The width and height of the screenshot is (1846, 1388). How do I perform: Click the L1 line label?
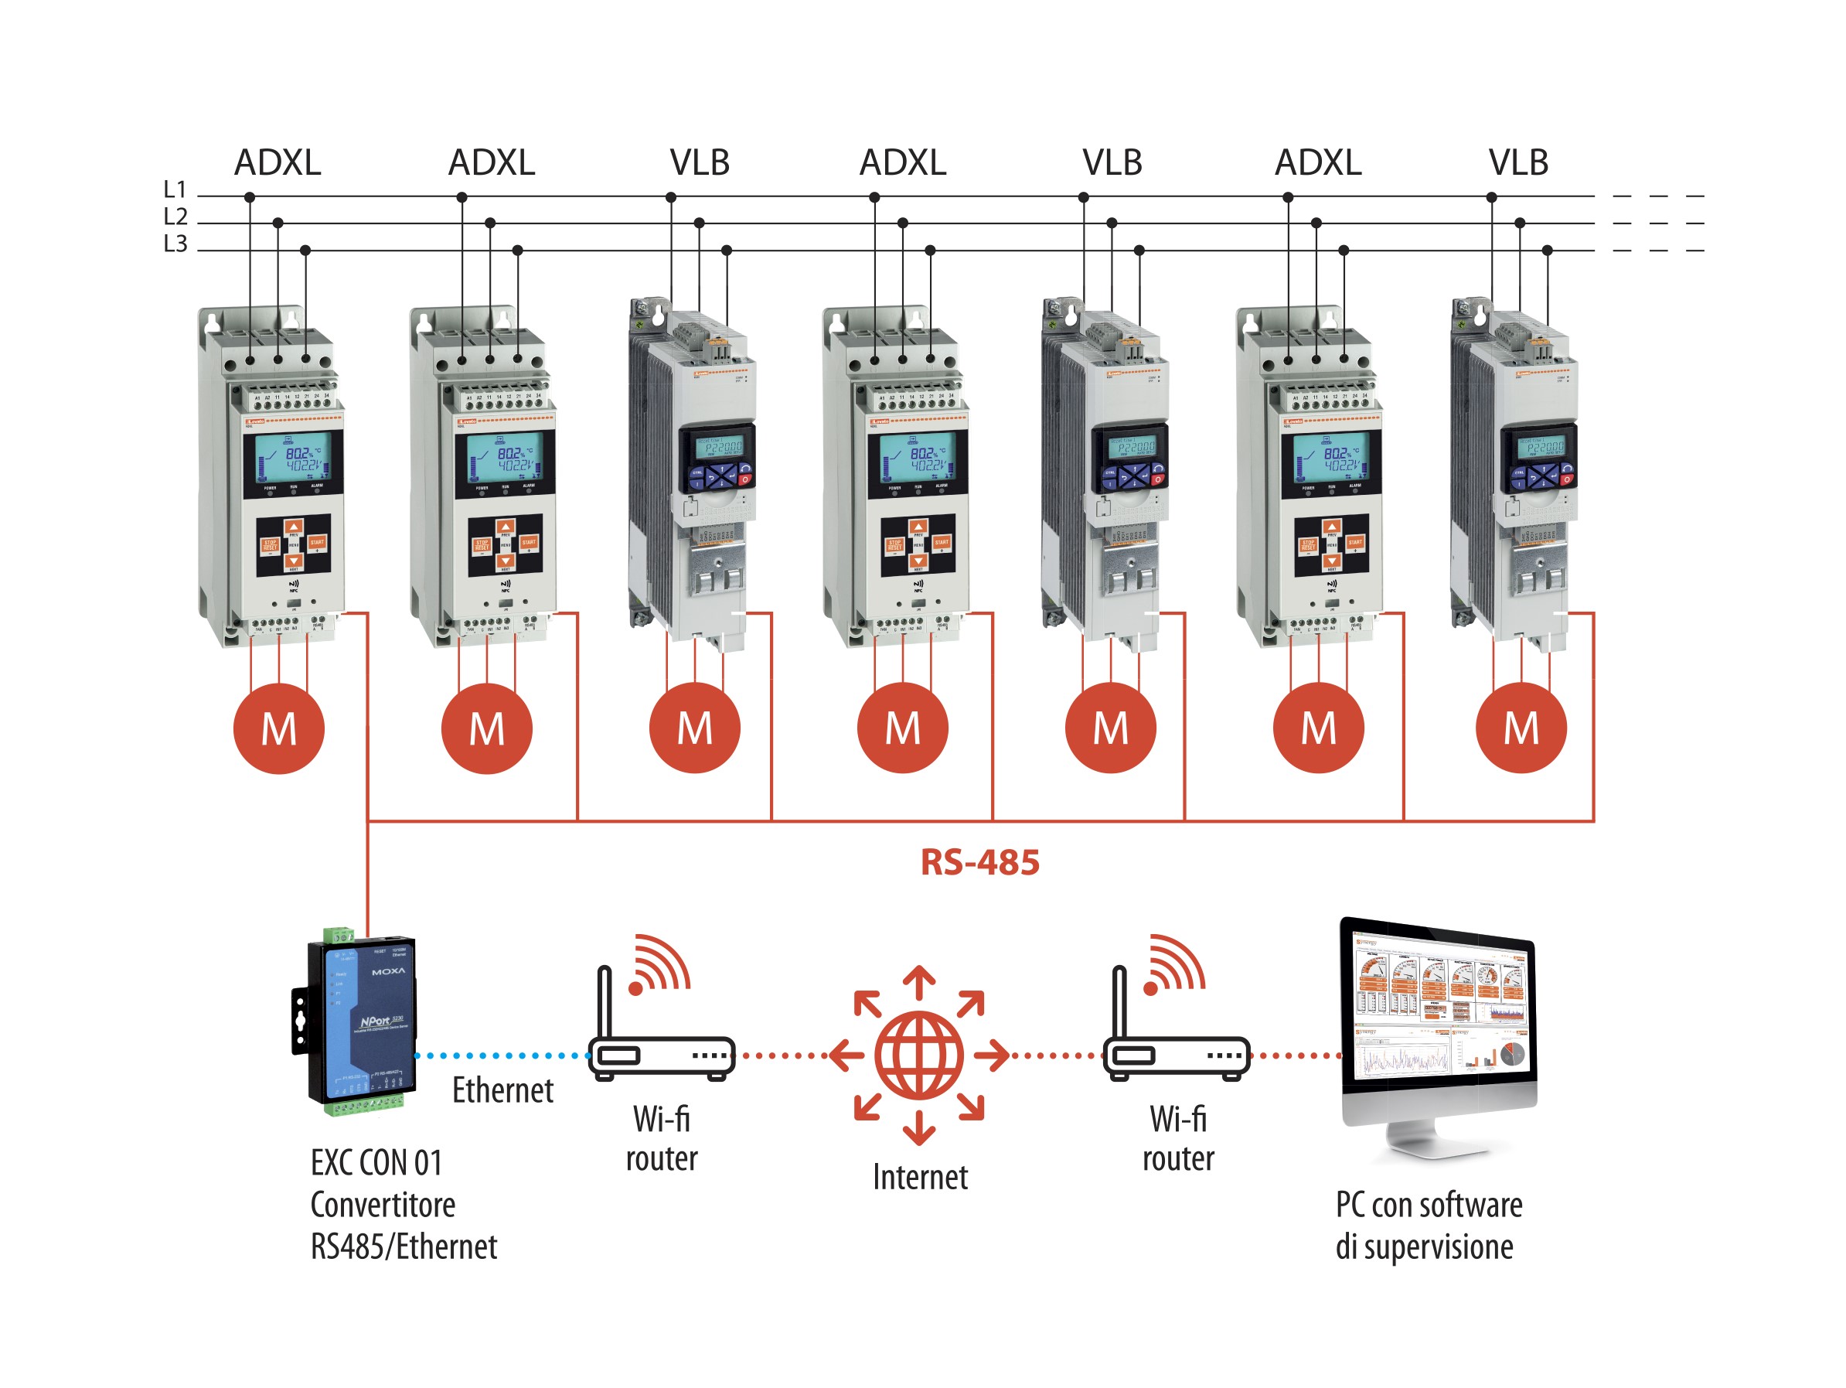click(175, 189)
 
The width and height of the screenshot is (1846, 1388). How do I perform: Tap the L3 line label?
click(175, 244)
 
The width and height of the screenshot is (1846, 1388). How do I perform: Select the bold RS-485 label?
click(979, 863)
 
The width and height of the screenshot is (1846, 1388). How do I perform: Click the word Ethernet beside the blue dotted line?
click(502, 1090)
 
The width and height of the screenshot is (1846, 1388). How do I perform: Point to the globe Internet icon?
click(919, 1055)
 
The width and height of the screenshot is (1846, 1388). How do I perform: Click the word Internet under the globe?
click(920, 1177)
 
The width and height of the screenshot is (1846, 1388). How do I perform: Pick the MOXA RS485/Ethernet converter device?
click(355, 1022)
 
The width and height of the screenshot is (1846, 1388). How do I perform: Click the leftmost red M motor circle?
click(279, 728)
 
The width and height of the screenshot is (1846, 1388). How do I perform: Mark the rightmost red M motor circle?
click(1521, 728)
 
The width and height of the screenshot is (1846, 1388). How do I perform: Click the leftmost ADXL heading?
click(277, 162)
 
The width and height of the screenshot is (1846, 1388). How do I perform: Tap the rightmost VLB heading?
click(1518, 162)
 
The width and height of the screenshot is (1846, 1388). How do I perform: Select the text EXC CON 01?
click(376, 1163)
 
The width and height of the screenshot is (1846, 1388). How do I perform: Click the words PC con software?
click(1429, 1205)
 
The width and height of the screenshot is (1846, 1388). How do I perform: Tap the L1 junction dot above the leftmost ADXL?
click(250, 198)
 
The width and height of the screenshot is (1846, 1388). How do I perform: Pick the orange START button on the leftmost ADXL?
click(317, 543)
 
